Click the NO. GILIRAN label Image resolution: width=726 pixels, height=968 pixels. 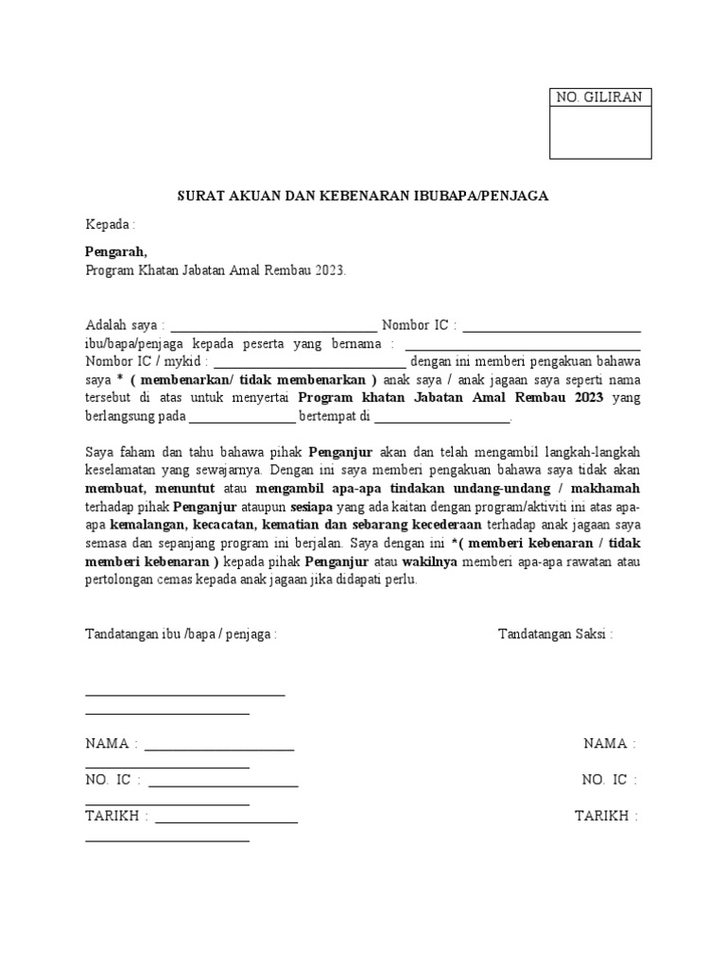click(599, 97)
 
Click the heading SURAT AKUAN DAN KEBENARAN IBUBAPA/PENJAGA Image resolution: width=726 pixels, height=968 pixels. click(364, 197)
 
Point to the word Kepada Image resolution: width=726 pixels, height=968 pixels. click(108, 225)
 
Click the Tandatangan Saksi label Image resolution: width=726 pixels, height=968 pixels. click(555, 633)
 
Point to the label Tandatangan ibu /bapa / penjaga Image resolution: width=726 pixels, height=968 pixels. click(181, 633)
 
